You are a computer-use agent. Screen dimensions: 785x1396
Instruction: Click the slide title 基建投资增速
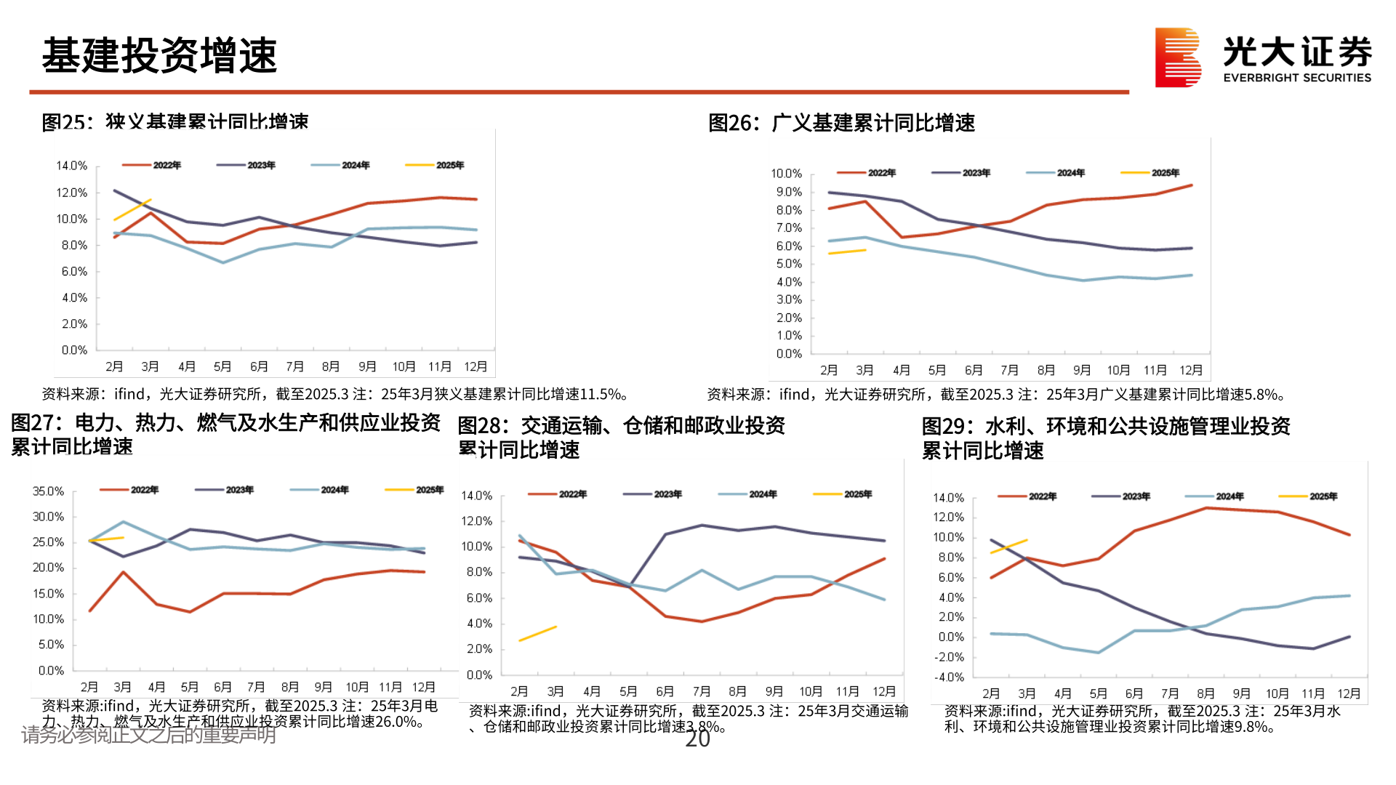[x=159, y=56]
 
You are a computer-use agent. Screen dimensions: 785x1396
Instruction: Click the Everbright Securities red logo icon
[x=1177, y=57]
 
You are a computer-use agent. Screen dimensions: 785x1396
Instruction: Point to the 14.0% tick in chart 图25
[x=71, y=166]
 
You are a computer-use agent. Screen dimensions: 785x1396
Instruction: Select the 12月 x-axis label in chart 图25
[x=476, y=367]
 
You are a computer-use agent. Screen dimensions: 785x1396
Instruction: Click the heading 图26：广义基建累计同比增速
[x=841, y=124]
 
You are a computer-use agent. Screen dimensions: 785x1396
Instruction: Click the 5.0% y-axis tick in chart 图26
[x=789, y=264]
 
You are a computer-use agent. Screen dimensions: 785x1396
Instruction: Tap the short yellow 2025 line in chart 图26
[x=847, y=251]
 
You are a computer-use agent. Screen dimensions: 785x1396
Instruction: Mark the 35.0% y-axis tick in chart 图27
[x=48, y=491]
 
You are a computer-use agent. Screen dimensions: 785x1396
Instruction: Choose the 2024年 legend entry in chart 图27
[x=320, y=490]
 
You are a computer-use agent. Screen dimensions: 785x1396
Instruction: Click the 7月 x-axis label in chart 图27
[x=256, y=687]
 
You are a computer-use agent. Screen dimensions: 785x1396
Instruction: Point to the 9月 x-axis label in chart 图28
[x=774, y=691]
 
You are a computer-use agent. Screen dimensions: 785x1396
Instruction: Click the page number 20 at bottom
[x=697, y=739]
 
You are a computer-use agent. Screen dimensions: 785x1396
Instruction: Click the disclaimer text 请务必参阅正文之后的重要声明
[x=148, y=736]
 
